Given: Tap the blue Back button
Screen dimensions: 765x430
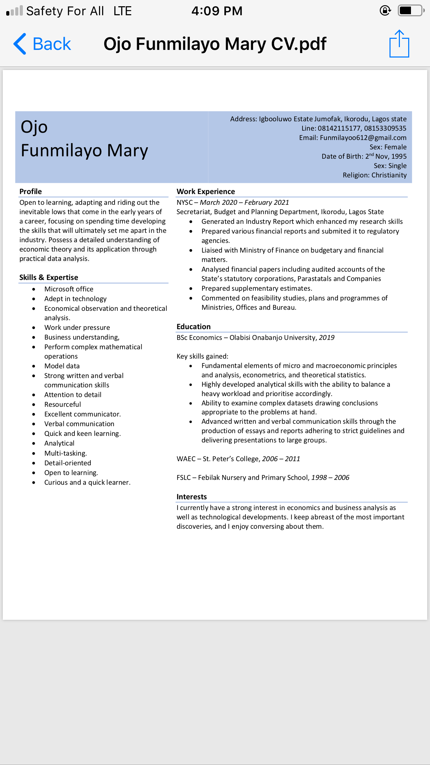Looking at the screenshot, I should click(42, 44).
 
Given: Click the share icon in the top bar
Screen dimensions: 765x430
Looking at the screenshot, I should click(399, 44).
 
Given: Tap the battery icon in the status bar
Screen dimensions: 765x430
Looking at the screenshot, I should click(411, 11).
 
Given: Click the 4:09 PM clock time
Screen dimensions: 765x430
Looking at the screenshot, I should click(217, 11).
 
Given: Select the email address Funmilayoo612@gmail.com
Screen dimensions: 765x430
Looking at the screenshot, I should click(363, 138).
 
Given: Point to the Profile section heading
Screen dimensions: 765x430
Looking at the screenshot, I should click(30, 192).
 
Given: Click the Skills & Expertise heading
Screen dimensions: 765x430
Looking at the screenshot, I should click(49, 278).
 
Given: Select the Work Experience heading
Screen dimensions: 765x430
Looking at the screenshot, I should click(206, 192).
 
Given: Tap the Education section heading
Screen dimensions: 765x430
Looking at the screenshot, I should click(194, 327).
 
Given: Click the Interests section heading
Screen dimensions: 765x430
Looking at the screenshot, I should click(191, 497).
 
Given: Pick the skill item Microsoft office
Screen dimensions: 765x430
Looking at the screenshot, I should click(69, 289).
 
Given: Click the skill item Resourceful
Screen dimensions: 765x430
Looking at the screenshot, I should click(63, 404).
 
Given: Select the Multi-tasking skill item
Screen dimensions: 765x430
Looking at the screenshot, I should click(65, 453).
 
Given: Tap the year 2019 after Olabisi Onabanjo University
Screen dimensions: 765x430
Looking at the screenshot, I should click(326, 337).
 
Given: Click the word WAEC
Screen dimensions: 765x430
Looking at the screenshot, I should click(186, 459).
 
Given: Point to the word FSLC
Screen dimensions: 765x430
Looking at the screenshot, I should click(183, 477).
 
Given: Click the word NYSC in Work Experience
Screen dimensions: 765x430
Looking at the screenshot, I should click(185, 202).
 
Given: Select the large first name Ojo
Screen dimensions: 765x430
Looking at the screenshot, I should click(34, 127).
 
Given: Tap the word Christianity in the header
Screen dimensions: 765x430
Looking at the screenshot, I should click(389, 175).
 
